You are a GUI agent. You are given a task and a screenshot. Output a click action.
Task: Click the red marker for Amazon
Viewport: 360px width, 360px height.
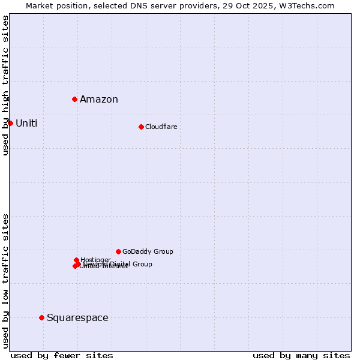coord(74,99)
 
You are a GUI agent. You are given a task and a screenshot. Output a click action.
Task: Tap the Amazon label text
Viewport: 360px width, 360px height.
coord(99,100)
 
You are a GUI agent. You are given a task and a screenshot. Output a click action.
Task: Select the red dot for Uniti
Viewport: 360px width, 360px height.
coord(10,123)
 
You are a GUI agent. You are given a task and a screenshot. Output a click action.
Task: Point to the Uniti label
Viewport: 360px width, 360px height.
coord(26,124)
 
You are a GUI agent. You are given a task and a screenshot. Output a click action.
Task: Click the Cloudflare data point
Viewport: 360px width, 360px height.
coord(141,127)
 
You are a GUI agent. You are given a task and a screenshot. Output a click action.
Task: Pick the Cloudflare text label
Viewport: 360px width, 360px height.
coord(161,127)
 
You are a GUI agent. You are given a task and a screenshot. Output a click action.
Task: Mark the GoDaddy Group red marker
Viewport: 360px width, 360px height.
coord(118,251)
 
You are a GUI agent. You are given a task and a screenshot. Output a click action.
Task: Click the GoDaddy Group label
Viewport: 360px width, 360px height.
coord(148,252)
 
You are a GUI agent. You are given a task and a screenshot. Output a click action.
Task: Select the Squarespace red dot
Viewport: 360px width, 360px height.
coord(41,317)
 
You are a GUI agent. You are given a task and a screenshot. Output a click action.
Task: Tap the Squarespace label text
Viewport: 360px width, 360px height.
coord(77,318)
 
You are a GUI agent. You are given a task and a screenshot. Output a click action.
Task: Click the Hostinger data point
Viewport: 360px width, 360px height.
coord(76,260)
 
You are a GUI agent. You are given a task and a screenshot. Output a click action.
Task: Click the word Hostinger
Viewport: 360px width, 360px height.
coord(96,260)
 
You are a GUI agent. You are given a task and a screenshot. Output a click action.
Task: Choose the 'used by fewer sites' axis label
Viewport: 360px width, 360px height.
coord(62,356)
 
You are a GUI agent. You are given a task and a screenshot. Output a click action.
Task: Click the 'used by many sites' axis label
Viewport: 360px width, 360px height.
coord(301,356)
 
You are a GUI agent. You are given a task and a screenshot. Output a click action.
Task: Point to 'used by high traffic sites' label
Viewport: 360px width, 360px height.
coord(6,85)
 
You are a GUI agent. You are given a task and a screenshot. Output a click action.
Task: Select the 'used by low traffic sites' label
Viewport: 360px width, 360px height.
coord(6,281)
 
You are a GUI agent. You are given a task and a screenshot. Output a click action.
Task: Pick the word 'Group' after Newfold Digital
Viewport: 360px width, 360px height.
coord(142,264)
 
